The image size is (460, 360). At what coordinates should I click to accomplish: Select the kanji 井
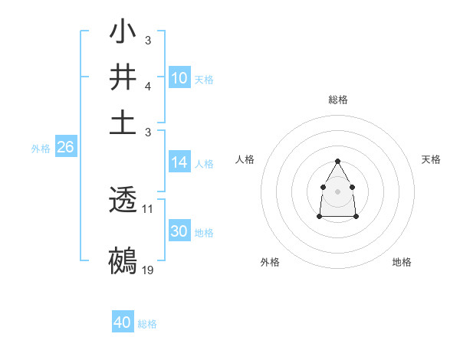pyautogui.click(x=123, y=79)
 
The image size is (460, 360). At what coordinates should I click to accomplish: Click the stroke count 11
pyautogui.click(x=148, y=208)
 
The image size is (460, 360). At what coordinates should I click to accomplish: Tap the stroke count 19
pyautogui.click(x=148, y=270)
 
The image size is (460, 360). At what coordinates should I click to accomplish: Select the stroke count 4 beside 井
pyautogui.click(x=148, y=85)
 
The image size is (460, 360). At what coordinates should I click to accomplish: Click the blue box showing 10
pyautogui.click(x=179, y=78)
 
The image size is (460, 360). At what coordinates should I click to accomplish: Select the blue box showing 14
pyautogui.click(x=179, y=162)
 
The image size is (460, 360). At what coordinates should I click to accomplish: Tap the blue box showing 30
pyautogui.click(x=179, y=231)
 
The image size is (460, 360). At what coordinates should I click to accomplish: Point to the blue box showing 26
pyautogui.click(x=65, y=148)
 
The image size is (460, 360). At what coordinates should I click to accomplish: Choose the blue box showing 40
pyautogui.click(x=123, y=322)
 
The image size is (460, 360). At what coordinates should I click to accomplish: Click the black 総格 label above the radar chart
pyautogui.click(x=338, y=100)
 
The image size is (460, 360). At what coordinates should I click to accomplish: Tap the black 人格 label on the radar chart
pyautogui.click(x=245, y=159)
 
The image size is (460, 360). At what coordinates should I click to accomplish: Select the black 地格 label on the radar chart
pyautogui.click(x=402, y=262)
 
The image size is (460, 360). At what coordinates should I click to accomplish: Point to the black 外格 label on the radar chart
pyautogui.click(x=270, y=262)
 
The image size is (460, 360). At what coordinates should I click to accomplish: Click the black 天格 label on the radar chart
pyautogui.click(x=431, y=159)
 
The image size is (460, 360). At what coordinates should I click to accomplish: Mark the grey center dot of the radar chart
pyautogui.click(x=337, y=191)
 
